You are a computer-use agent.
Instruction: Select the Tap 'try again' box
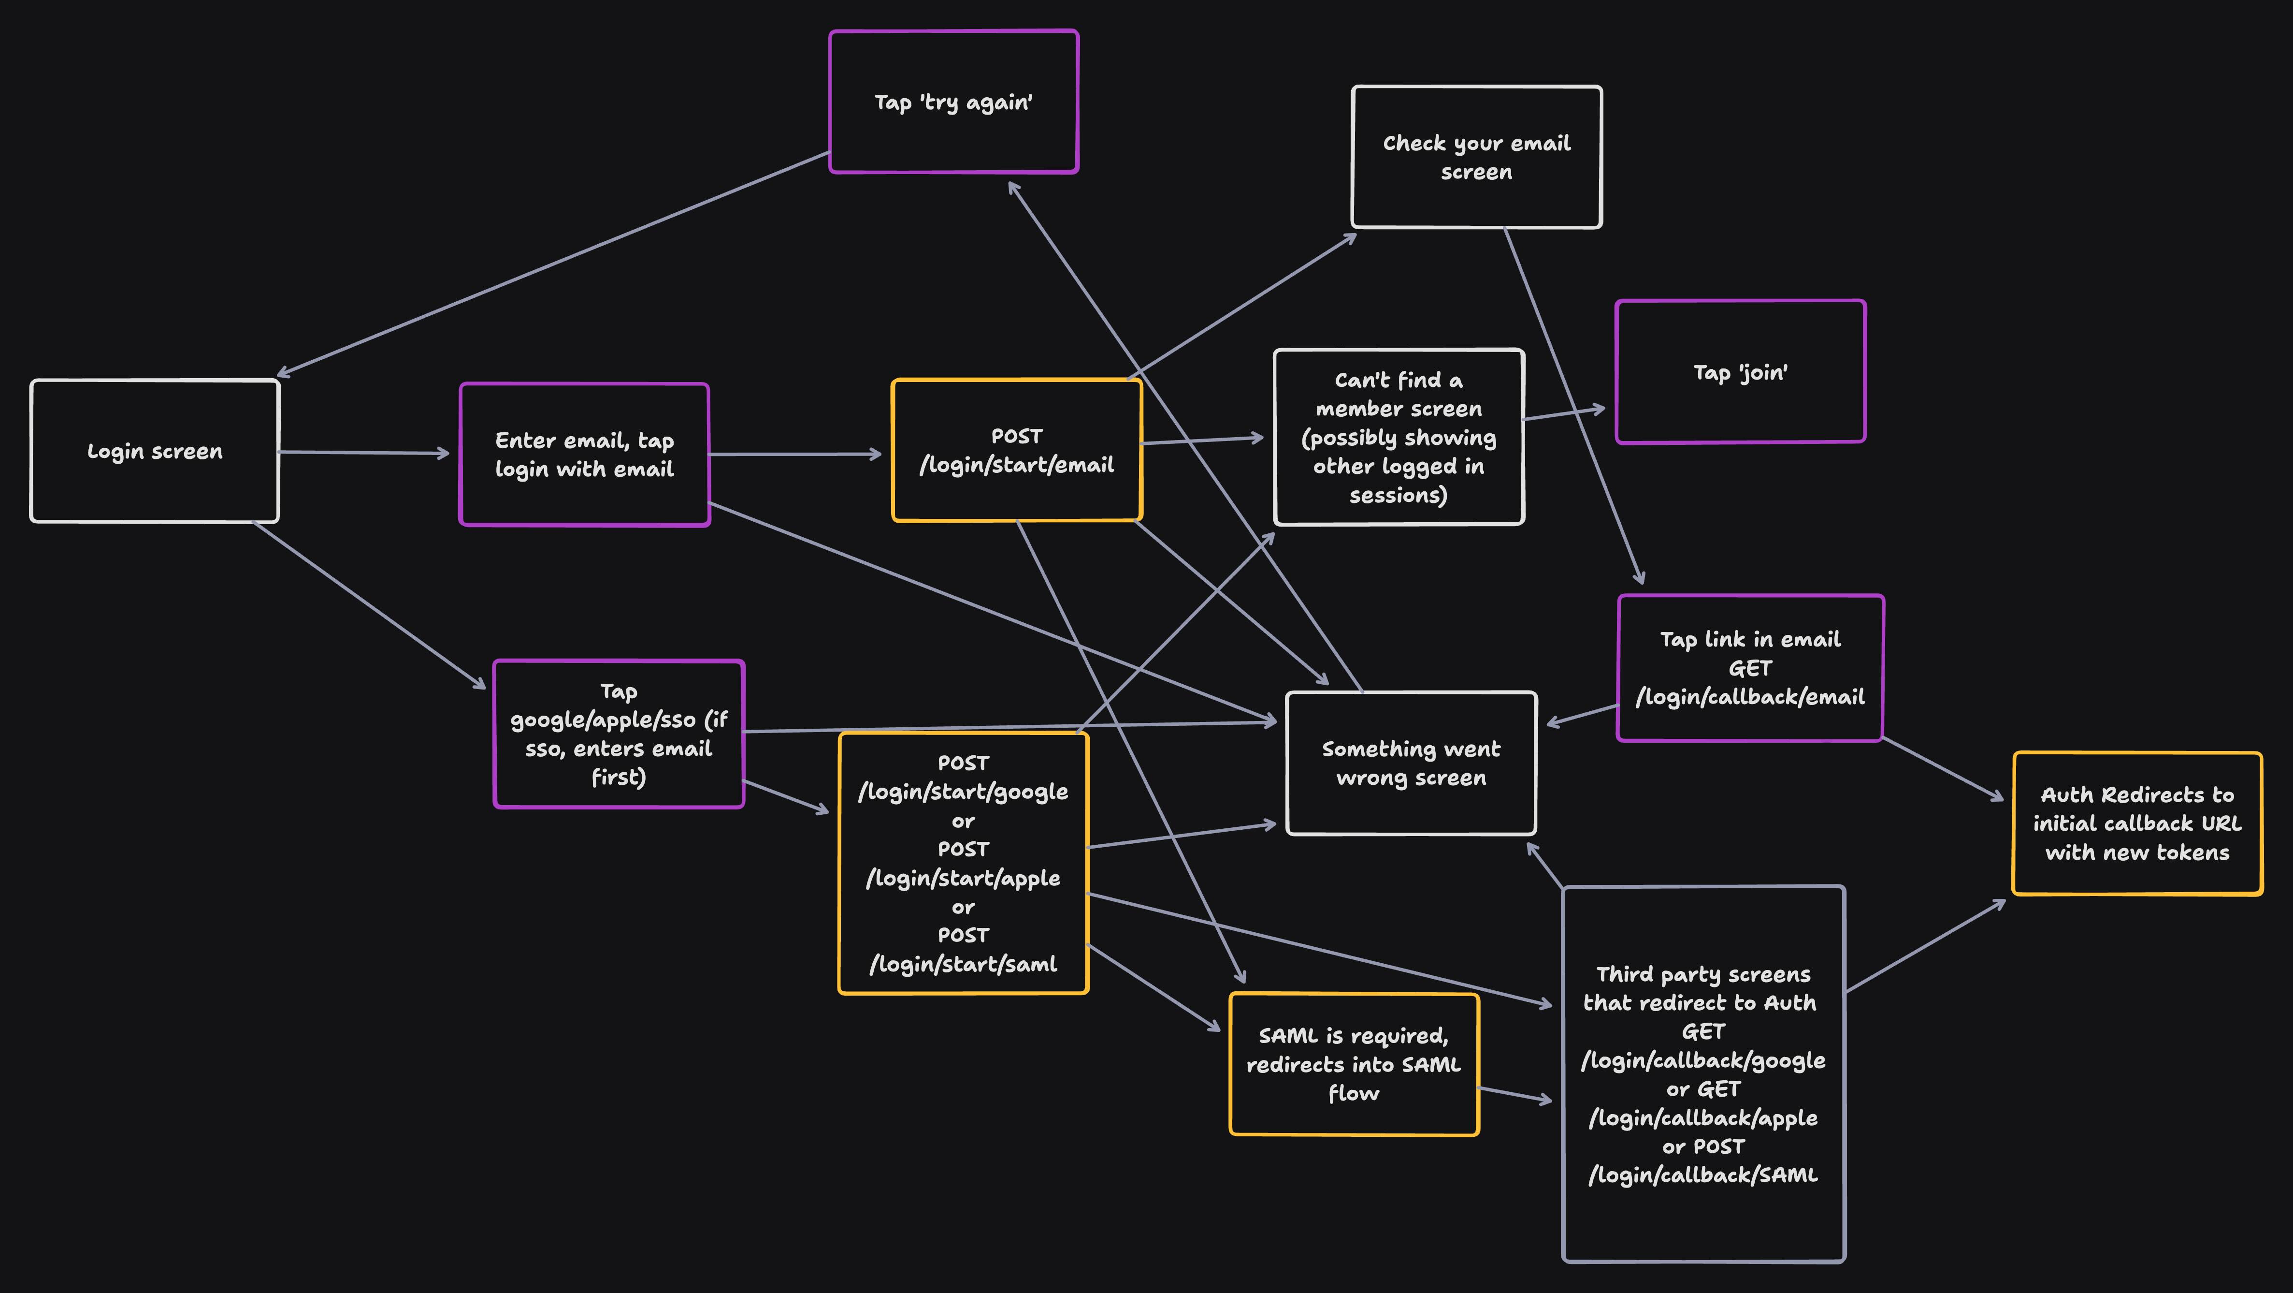953,102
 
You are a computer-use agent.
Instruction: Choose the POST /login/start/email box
1017,451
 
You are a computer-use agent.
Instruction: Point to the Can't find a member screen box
1399,437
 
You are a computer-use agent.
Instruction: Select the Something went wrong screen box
1411,763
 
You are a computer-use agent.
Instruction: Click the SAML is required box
1353,1064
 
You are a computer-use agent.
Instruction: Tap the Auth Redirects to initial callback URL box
2136,823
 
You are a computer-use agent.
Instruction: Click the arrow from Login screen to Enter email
365,453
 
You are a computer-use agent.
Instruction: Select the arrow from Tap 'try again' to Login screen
552,264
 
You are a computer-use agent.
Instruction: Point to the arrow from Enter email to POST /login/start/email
795,454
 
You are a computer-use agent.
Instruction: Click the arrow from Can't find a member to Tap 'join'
1565,413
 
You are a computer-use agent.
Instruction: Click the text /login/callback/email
1750,697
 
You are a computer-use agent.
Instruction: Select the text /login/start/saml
963,964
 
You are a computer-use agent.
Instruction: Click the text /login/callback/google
1703,1060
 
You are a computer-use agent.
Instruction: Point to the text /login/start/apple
963,878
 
